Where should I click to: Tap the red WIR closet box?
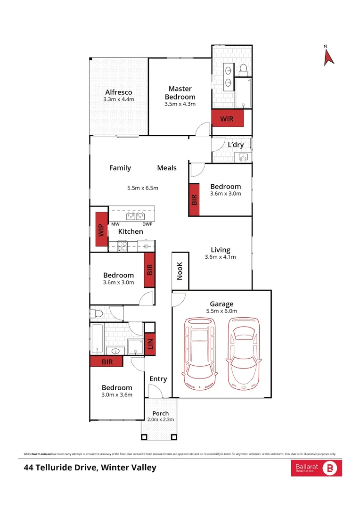tap(227, 118)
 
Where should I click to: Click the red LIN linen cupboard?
tap(150, 345)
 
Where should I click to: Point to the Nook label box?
tap(180, 271)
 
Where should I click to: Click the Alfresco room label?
tap(119, 92)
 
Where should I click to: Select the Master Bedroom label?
tap(180, 92)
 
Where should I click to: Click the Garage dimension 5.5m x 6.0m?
tap(221, 311)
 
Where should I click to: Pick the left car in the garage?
tap(202, 353)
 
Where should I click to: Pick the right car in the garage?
tap(244, 353)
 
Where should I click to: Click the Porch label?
tap(160, 413)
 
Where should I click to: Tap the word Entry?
tap(158, 379)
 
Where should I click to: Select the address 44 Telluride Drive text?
tap(90, 468)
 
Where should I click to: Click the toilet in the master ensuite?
tap(244, 70)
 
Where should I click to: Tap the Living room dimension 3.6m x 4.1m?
tap(220, 257)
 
